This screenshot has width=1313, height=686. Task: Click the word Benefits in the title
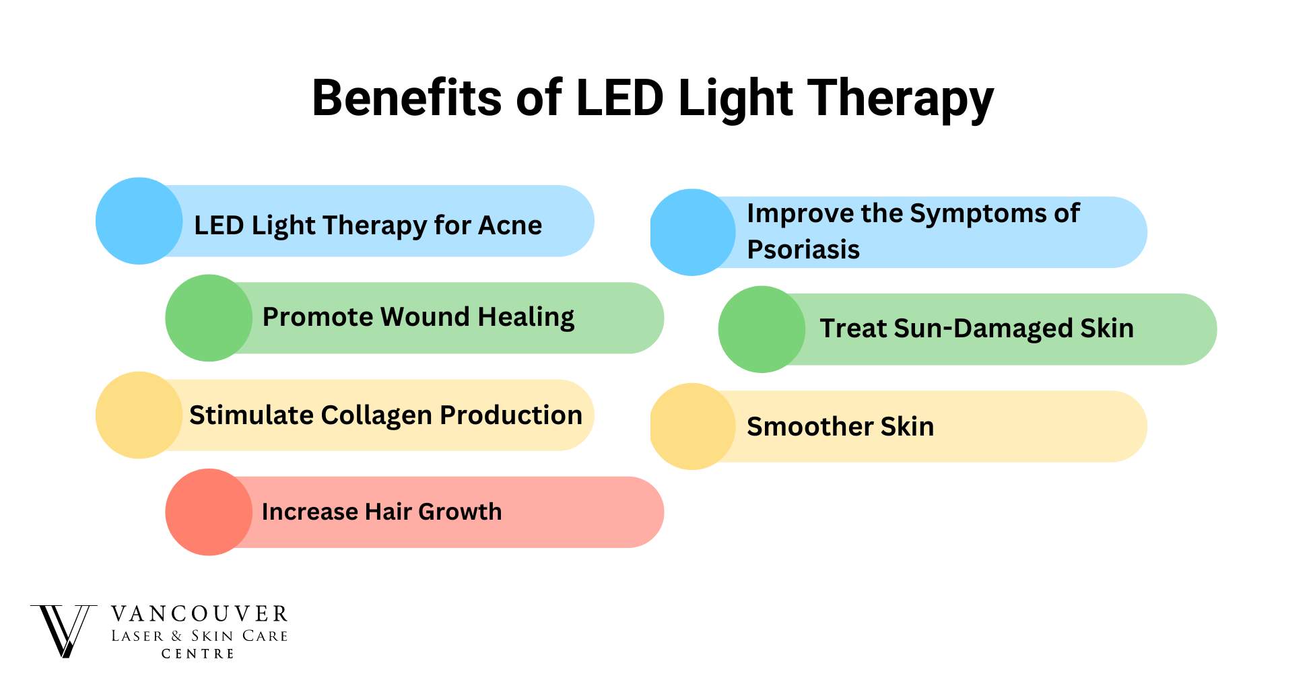point(407,98)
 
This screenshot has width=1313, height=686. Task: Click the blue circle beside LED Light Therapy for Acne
point(139,221)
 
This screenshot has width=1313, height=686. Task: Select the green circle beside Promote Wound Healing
point(209,318)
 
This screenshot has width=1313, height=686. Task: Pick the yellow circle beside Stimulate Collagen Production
point(139,415)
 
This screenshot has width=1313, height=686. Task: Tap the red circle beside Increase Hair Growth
point(209,512)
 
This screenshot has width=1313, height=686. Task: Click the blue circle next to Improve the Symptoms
point(693,232)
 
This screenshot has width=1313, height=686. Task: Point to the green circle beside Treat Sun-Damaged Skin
point(762,329)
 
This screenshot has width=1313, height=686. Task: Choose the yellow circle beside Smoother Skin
point(693,426)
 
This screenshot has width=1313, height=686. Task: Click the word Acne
point(510,225)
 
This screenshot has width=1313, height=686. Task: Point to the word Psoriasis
point(803,249)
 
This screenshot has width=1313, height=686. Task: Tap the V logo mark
point(63,631)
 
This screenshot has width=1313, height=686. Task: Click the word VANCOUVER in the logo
point(200,614)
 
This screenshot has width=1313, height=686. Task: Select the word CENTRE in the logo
point(198,654)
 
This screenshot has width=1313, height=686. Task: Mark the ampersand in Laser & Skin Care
point(177,636)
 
